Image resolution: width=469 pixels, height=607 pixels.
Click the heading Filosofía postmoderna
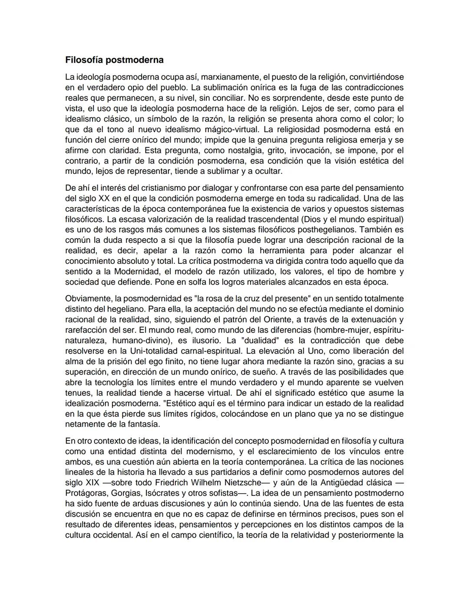[114, 60]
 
